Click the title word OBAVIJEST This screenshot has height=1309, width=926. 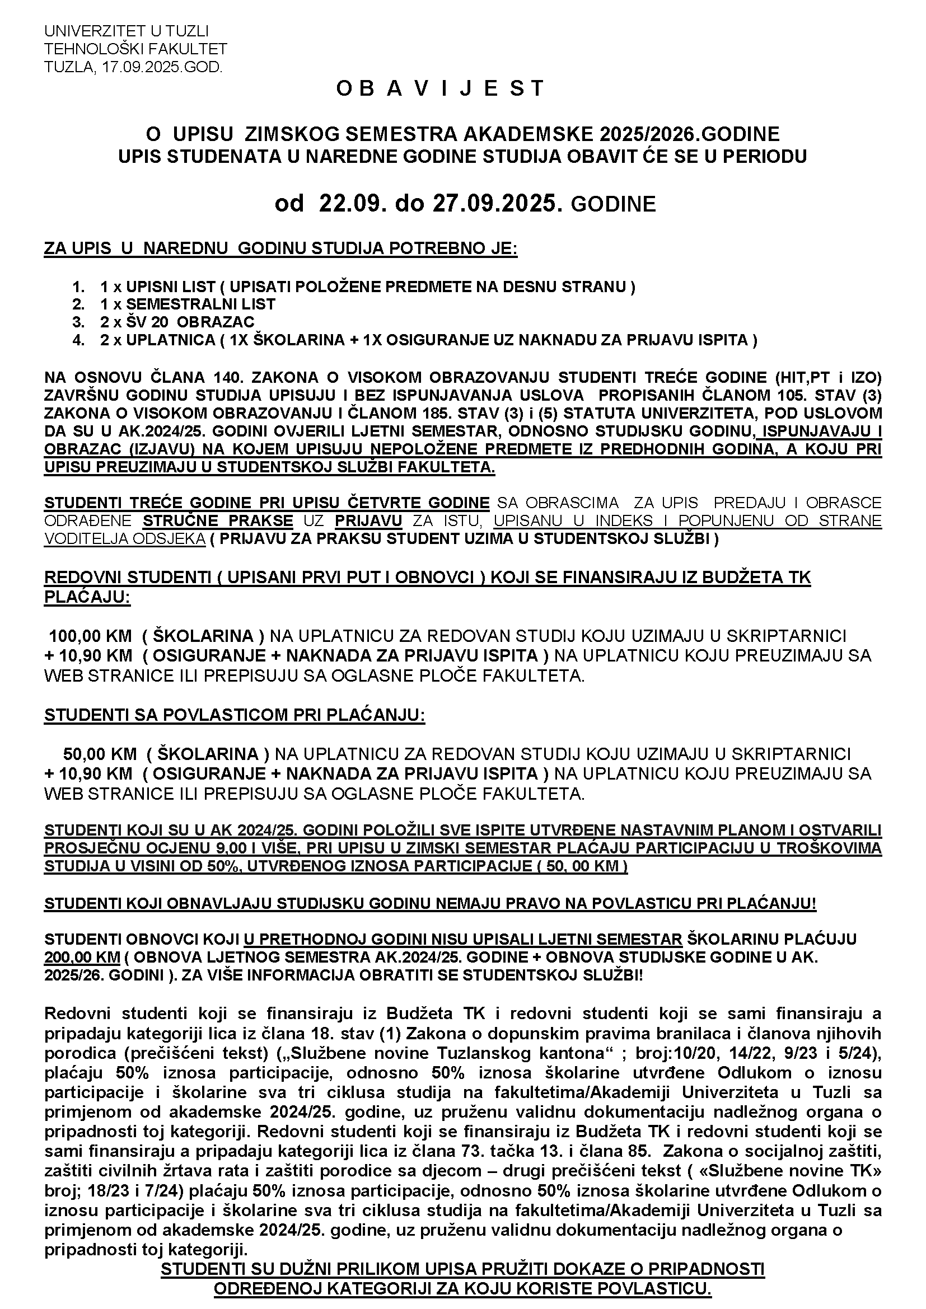pos(439,88)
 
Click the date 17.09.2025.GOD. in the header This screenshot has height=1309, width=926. pos(161,67)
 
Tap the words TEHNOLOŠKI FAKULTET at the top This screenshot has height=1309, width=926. pos(135,49)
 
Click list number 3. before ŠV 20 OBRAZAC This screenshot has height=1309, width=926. pos(78,322)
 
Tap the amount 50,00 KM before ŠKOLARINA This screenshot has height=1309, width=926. pos(100,754)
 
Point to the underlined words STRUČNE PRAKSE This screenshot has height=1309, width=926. pos(218,520)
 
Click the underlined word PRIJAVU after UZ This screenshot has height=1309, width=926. pos(368,520)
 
